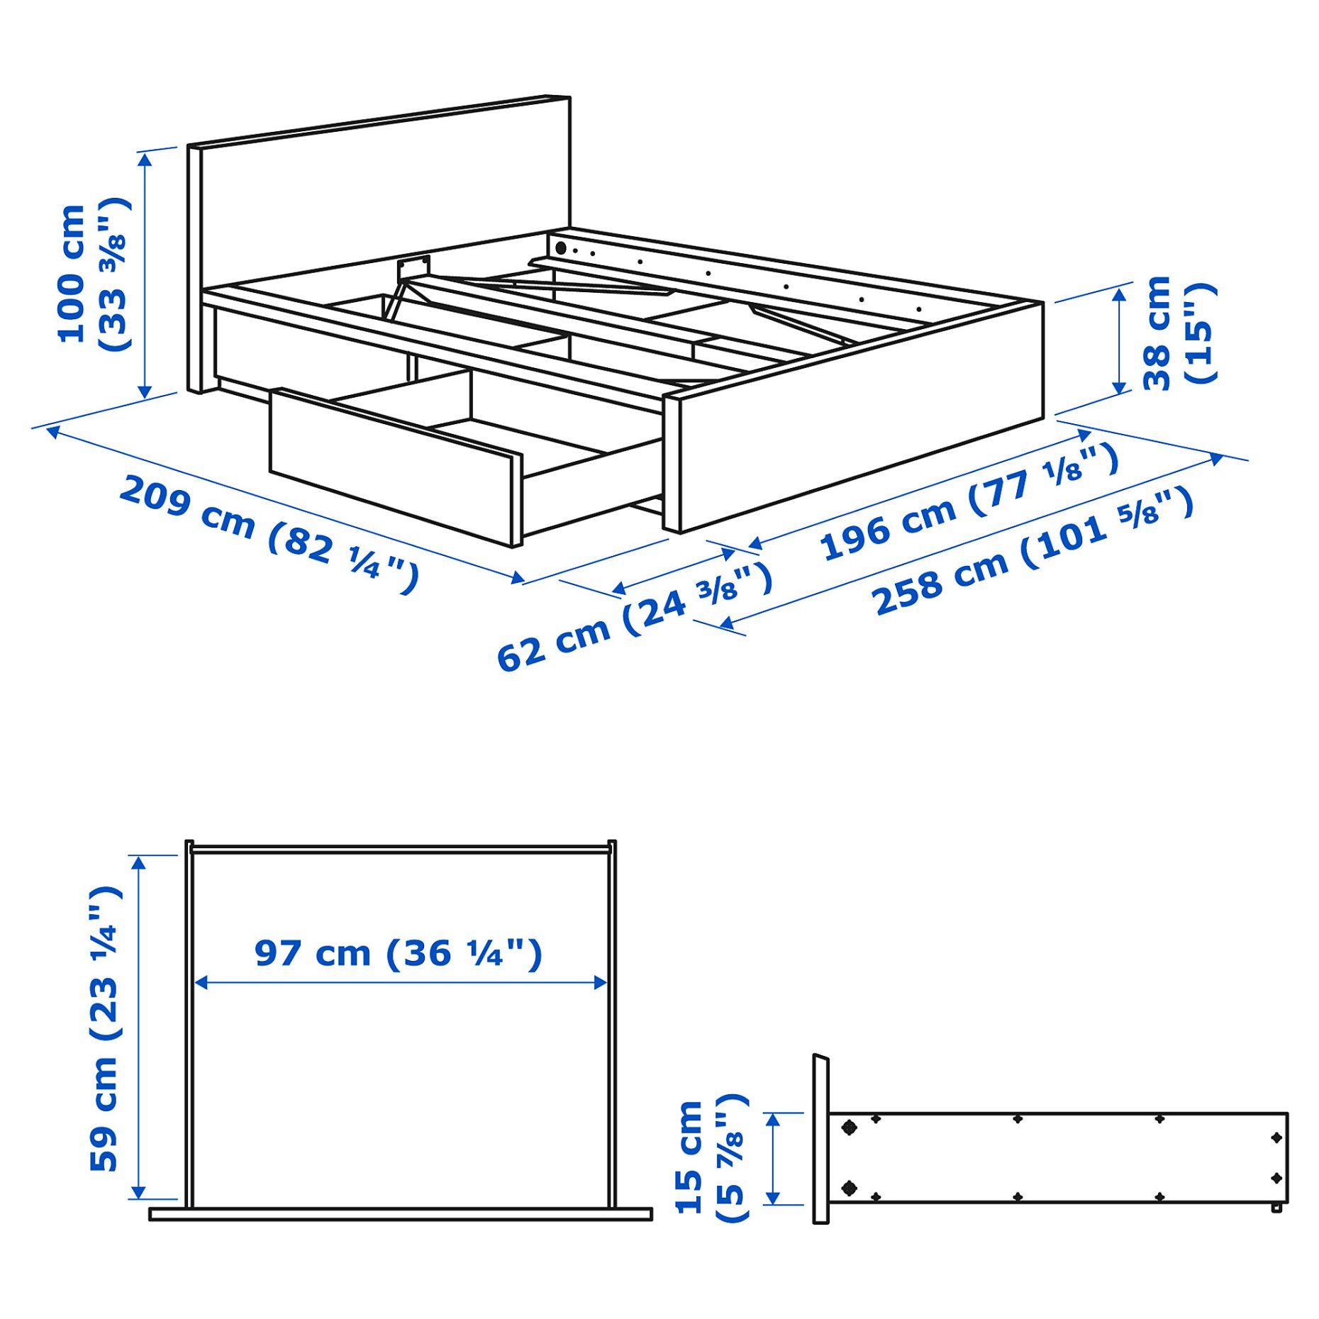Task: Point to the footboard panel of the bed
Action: pyautogui.click(x=858, y=411)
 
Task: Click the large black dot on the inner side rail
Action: pyautogui.click(x=560, y=248)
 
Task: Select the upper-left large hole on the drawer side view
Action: pyautogui.click(x=849, y=1128)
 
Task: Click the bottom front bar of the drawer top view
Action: pyautogui.click(x=400, y=1215)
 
